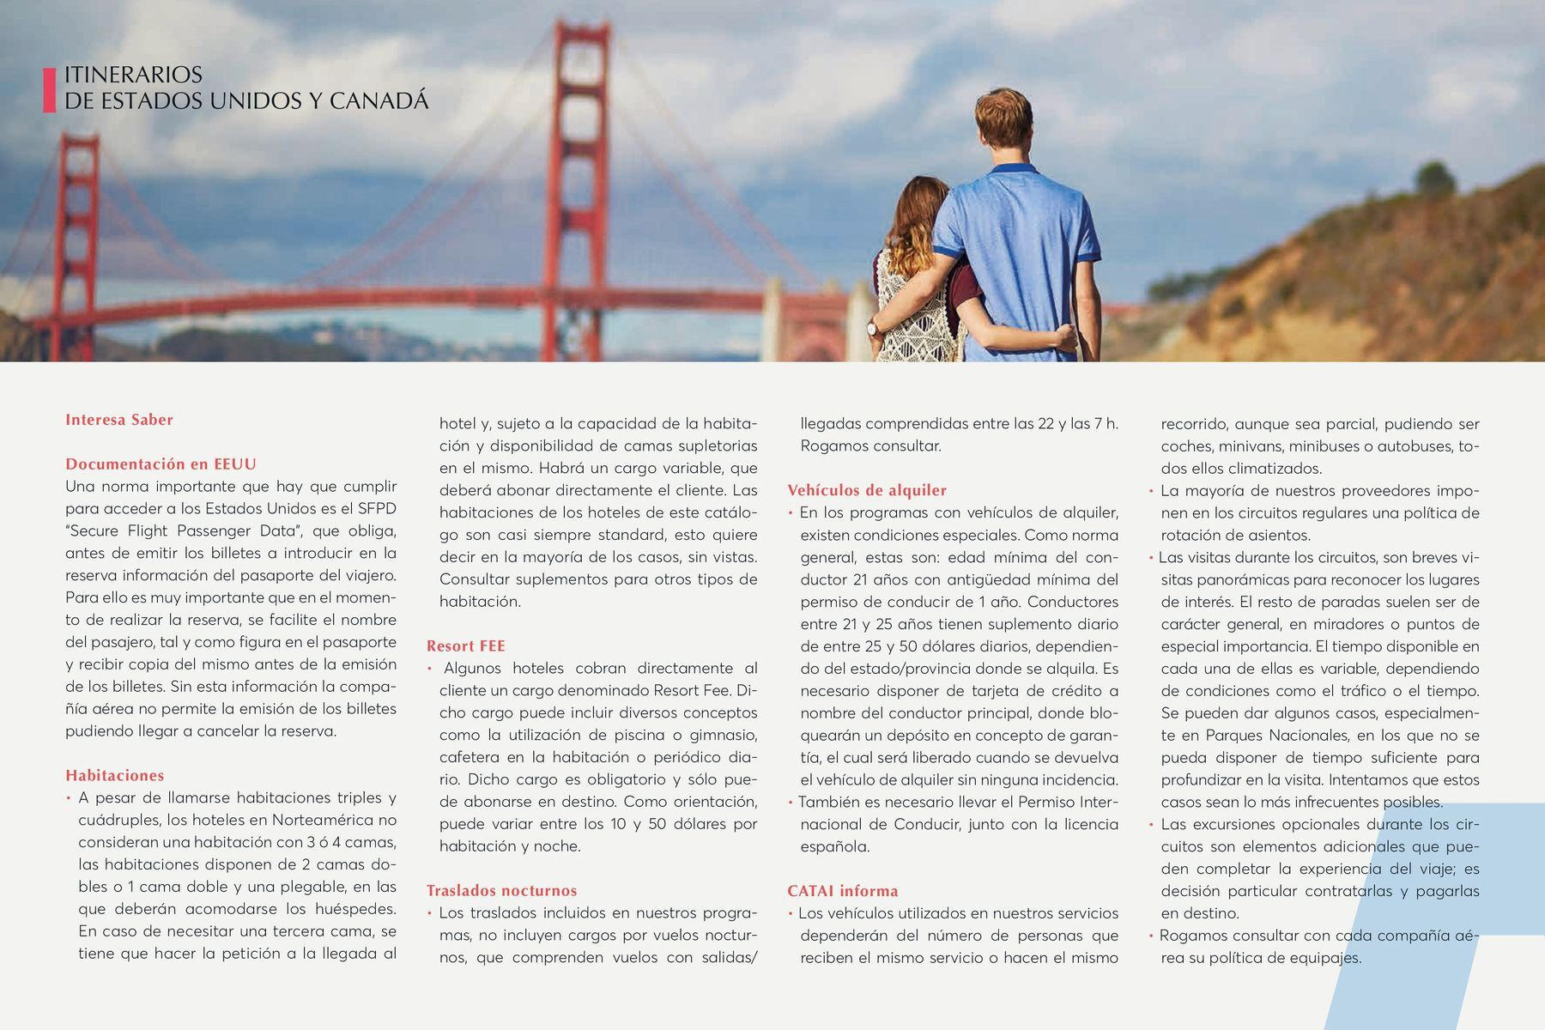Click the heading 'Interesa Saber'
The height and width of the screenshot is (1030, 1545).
click(x=119, y=420)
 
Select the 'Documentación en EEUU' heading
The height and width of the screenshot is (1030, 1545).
click(x=161, y=464)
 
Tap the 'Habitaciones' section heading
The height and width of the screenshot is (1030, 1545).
click(x=114, y=776)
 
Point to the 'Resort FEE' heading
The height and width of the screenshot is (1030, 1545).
click(x=465, y=646)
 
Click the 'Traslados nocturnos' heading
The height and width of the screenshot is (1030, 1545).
click(x=501, y=891)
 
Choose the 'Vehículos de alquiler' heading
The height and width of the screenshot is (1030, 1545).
click(x=867, y=490)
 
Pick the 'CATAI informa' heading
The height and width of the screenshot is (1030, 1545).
click(x=842, y=891)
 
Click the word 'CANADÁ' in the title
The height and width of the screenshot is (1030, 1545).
click(x=379, y=101)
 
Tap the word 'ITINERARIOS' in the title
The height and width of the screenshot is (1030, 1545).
click(x=133, y=75)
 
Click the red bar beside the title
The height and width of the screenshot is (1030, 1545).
click(x=49, y=89)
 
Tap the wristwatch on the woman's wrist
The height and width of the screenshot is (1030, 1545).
click(x=873, y=327)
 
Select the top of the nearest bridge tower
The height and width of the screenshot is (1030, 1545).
click(x=581, y=34)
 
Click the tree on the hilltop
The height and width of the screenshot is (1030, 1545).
click(x=1434, y=178)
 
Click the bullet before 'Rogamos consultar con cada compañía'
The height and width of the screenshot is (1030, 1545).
click(x=1151, y=936)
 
